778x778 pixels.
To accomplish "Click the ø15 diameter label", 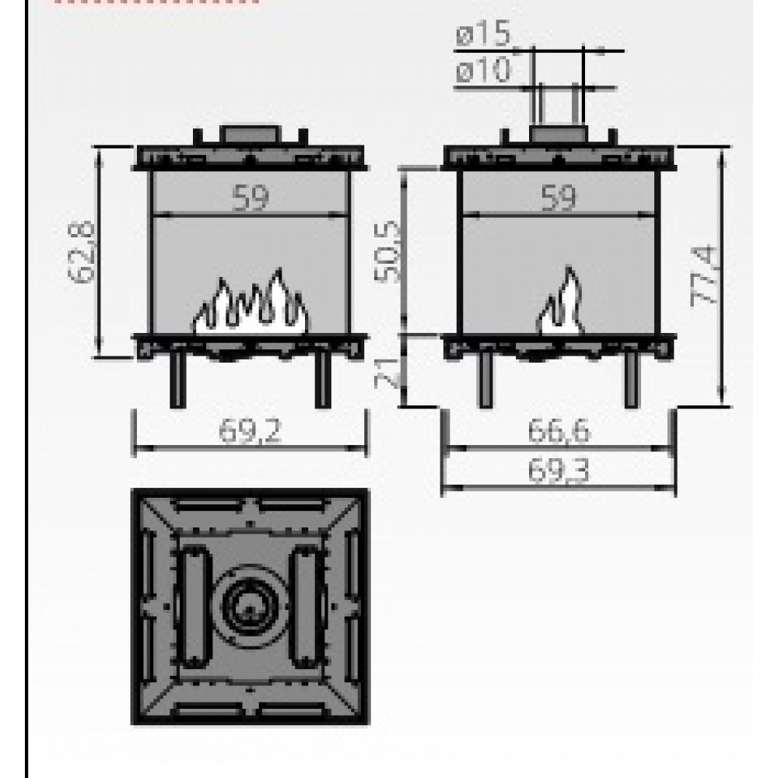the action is point(483,33).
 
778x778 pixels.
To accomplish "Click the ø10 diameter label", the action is point(483,70).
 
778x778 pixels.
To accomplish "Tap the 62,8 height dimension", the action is point(82,252).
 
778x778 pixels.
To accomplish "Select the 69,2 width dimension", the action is point(250,431).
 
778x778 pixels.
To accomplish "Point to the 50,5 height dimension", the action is point(387,252).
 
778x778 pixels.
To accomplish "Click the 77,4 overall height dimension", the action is point(704,276).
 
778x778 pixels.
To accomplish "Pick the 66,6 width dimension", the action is point(559,431).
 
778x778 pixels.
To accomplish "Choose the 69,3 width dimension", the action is point(559,470).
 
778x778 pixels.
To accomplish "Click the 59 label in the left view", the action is point(251,198).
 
